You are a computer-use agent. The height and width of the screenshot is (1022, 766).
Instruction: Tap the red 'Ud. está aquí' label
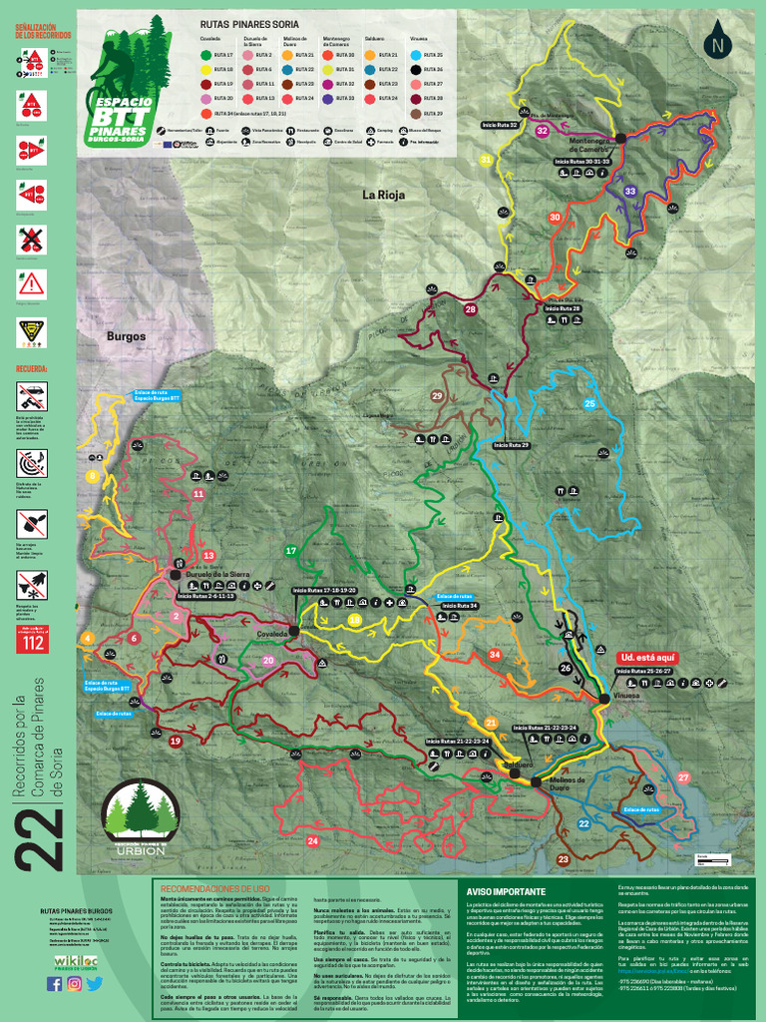pyautogui.click(x=648, y=658)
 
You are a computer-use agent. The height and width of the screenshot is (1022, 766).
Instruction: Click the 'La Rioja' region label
pyautogui.click(x=384, y=195)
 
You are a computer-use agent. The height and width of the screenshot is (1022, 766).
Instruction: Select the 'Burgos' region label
pyautogui.click(x=127, y=336)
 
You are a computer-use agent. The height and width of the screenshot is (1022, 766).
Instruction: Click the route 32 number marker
pyautogui.click(x=543, y=131)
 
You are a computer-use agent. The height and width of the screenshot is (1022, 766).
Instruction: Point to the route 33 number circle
pyautogui.click(x=630, y=191)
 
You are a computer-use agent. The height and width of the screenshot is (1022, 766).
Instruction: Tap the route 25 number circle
pyautogui.click(x=589, y=404)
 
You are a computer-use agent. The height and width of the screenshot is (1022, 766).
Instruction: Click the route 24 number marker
pyautogui.click(x=313, y=841)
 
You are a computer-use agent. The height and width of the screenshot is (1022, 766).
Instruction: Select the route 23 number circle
pyautogui.click(x=564, y=859)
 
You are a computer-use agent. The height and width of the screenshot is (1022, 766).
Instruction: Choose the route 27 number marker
pyautogui.click(x=683, y=777)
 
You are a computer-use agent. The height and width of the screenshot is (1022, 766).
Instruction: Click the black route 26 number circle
pyautogui.click(x=566, y=669)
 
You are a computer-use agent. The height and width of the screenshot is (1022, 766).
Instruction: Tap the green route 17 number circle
pyautogui.click(x=291, y=551)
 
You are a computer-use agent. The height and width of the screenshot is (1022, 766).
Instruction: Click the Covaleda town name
pyautogui.click(x=272, y=634)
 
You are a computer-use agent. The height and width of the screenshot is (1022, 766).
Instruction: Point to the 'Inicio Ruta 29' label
pyautogui.click(x=511, y=444)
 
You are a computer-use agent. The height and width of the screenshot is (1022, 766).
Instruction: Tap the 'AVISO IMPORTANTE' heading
pyautogui.click(x=507, y=891)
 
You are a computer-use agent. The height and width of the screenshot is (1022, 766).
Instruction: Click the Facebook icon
pyautogui.click(x=54, y=984)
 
